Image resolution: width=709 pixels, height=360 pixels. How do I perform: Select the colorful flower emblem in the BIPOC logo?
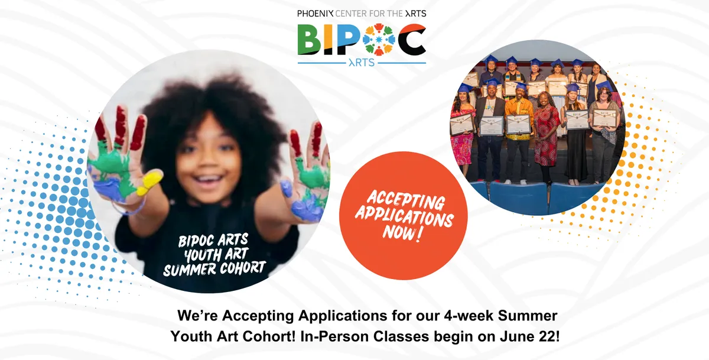(379, 39)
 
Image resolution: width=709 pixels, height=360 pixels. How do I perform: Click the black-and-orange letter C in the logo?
(412, 39)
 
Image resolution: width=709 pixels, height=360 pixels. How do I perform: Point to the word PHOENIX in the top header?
(316, 14)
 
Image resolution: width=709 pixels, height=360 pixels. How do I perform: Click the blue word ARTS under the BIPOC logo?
(362, 63)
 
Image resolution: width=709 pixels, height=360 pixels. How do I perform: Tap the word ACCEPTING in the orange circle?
(406, 199)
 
